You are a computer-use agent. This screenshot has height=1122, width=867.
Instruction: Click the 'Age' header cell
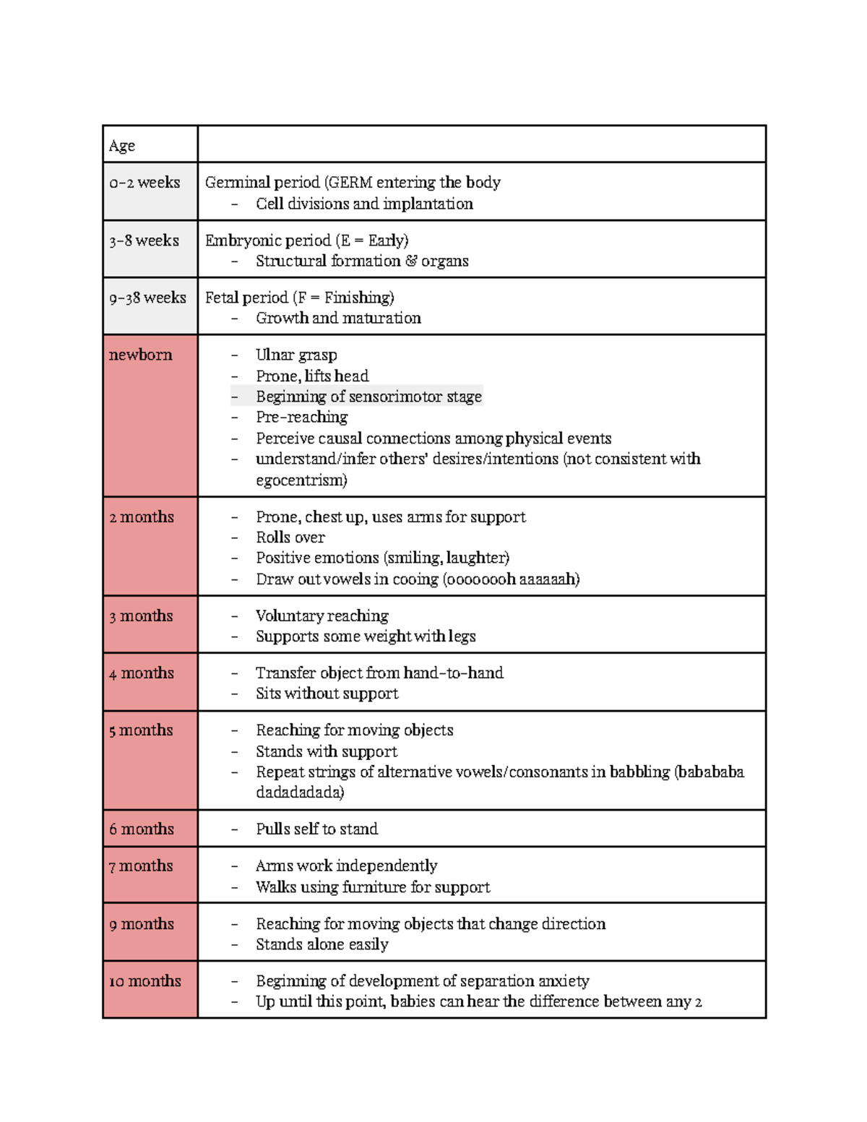(122, 146)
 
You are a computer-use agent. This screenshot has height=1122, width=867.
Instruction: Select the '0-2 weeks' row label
(144, 183)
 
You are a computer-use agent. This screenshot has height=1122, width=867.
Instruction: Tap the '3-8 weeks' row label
(144, 241)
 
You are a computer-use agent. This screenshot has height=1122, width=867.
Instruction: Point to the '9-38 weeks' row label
(147, 298)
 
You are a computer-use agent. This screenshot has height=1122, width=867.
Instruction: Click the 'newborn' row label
(141, 355)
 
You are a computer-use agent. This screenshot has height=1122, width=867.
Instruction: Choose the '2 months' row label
(142, 517)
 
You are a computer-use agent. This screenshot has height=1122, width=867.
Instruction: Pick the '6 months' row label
(142, 829)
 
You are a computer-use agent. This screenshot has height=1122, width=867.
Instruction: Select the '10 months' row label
(145, 981)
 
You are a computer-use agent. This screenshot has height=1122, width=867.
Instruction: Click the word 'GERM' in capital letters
(350, 183)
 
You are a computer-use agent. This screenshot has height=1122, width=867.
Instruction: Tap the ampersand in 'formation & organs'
(411, 261)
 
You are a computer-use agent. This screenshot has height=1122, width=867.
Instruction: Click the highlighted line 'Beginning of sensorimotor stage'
(368, 397)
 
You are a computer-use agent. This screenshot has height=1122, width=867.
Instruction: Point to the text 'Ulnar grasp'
(296, 355)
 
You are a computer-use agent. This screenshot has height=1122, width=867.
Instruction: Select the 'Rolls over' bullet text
(290, 538)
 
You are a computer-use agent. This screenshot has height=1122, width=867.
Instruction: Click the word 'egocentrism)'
(301, 480)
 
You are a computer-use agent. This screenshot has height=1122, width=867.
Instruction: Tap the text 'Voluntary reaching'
(322, 616)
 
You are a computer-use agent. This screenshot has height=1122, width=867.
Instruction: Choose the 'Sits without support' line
(327, 694)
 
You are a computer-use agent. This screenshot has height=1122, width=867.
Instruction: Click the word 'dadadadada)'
(300, 793)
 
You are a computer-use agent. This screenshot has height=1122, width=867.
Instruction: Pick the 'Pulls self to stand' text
(317, 829)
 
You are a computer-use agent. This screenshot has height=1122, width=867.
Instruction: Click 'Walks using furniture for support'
(373, 887)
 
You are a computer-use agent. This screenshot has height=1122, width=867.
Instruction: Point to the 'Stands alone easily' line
(322, 944)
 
